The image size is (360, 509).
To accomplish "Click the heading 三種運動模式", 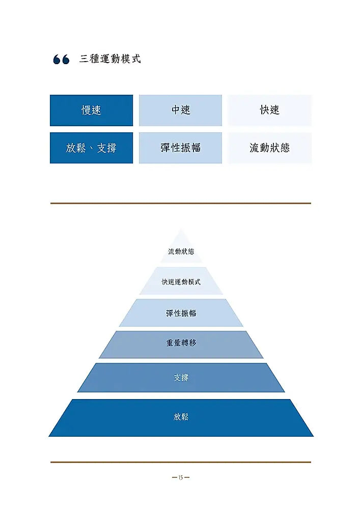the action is coord(110,59).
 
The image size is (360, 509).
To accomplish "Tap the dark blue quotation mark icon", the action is coord(61,59).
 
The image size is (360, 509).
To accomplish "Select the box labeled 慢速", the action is coord(91,110).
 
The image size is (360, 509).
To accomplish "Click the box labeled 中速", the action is coord(180,110).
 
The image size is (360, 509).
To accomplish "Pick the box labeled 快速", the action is coord(269,110).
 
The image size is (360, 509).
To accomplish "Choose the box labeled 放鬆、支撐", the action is coord(91,148).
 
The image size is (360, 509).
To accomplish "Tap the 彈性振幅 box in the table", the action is coord(180,148).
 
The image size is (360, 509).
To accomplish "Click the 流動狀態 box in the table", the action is coord(269,148).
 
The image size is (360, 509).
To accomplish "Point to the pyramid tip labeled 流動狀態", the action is coord(181,251).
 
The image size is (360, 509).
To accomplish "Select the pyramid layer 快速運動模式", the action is coord(181,281).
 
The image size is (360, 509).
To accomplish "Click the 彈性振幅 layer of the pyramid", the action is coord(181,313).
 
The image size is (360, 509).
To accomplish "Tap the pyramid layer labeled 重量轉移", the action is coord(181,344).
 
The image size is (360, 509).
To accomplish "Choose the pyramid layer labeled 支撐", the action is coord(181,378).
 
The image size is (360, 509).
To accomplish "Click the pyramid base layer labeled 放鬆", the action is coord(181,418).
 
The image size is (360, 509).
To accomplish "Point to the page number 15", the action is coord(181,477).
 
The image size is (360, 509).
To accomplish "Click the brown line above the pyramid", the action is coord(180,203).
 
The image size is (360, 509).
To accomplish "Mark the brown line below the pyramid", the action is coord(180,462).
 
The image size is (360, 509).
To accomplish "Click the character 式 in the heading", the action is coord(136,59).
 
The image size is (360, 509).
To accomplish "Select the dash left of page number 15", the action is coord(175,477).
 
